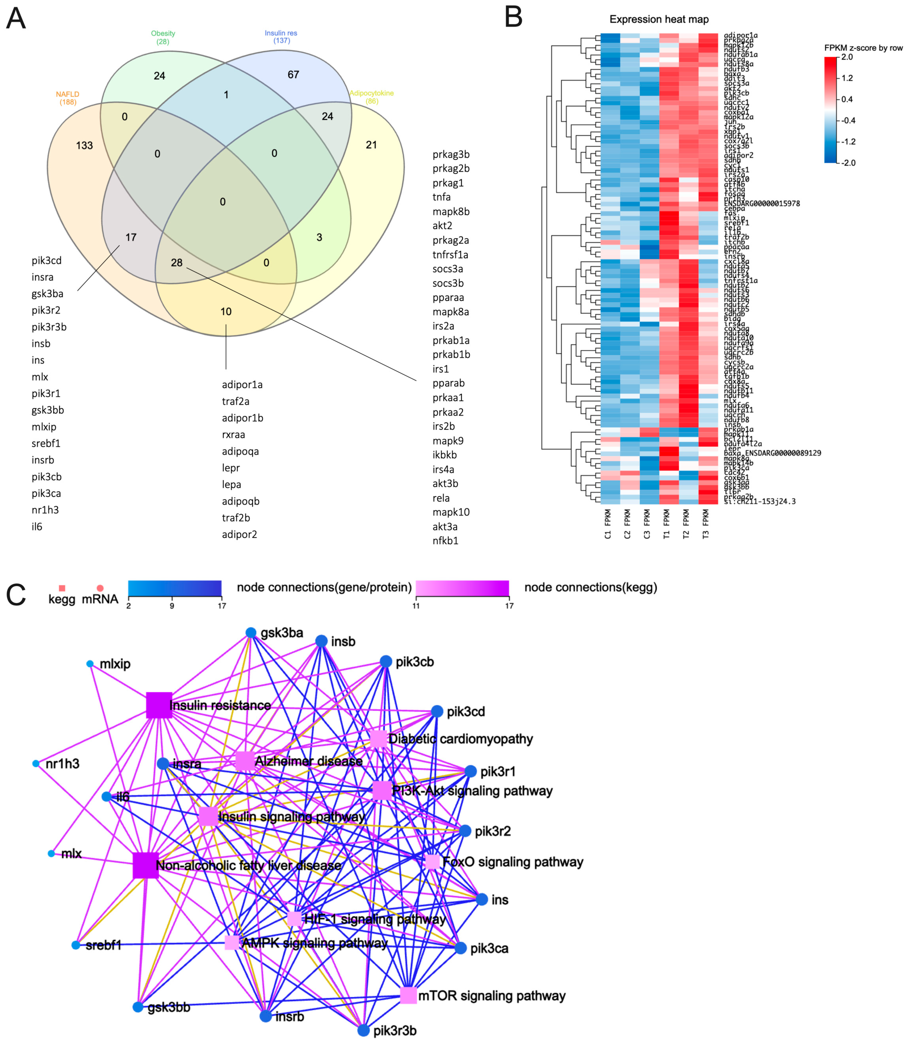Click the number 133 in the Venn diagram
coord(85,146)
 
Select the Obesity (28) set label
coord(163,37)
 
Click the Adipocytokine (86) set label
coord(372,97)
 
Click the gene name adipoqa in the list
coord(240,451)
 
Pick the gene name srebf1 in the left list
coord(46,443)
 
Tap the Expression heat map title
coord(659,19)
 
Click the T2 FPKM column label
coord(686,524)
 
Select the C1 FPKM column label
coord(608,524)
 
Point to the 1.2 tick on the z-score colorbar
coord(847,78)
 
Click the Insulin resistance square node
coord(159,705)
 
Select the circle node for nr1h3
coord(35,763)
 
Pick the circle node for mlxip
coord(90,664)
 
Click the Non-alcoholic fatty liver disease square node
coord(145,865)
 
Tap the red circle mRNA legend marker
coord(100,588)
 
